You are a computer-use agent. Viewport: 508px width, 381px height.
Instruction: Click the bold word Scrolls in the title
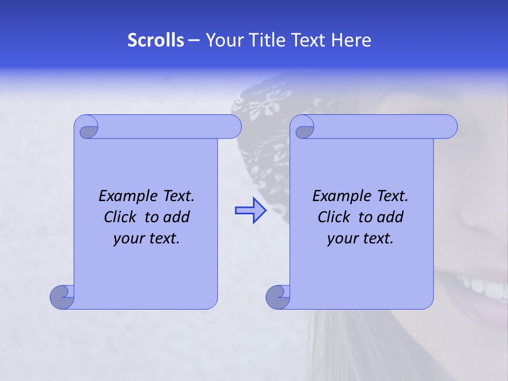[x=156, y=40]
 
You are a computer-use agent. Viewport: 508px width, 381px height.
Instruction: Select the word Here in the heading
[x=351, y=40]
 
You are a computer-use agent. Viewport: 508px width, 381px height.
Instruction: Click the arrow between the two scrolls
[x=250, y=211]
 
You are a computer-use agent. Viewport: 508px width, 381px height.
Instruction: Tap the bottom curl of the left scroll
[x=61, y=297]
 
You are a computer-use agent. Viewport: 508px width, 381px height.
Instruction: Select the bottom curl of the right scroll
[x=277, y=297]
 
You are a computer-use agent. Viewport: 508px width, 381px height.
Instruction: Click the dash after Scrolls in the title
[x=194, y=40]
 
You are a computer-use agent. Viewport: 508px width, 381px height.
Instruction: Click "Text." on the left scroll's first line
[x=177, y=196]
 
